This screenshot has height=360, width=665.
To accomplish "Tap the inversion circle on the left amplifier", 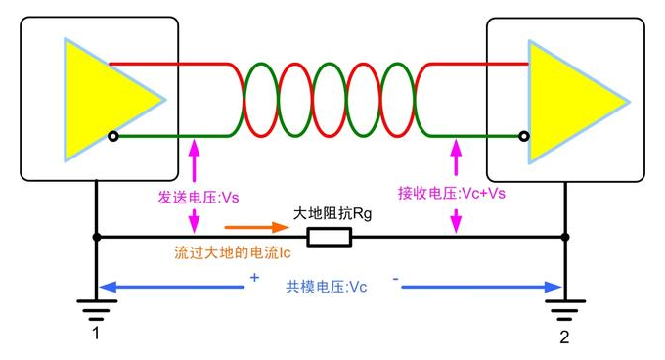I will pos(113,136).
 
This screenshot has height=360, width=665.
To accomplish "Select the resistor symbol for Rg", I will pos(330,237).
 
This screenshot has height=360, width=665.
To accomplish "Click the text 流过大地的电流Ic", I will pos(232,251).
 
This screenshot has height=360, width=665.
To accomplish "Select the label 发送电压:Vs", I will pos(199,196).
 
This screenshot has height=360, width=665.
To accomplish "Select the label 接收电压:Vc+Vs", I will pos(452,193).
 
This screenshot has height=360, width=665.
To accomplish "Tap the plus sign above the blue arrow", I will pos(255,278).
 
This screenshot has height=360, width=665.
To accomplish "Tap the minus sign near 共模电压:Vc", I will pos(396,279).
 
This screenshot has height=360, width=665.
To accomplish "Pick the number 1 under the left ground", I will pos(96,336).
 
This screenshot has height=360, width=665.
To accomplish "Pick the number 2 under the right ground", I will pos(564,337).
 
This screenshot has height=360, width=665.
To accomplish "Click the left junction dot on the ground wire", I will pos(96,237).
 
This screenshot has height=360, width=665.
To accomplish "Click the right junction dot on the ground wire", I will pos(564,237).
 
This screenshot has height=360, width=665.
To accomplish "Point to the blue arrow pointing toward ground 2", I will pos(479,288).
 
